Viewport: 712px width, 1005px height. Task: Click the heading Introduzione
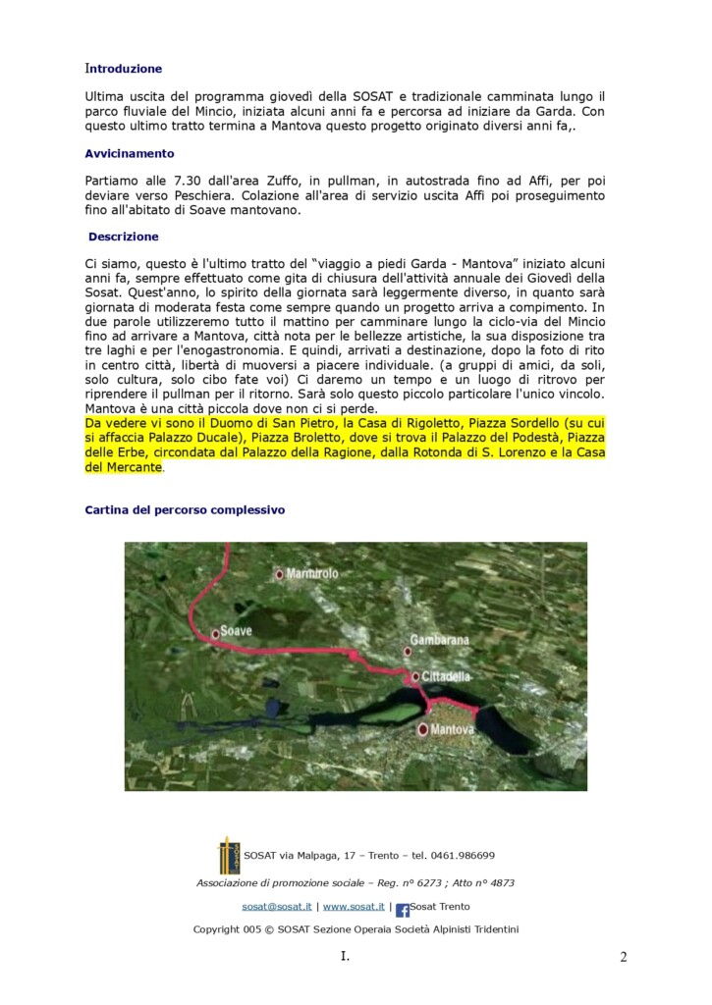coord(124,69)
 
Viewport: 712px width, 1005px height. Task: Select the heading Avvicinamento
coord(130,154)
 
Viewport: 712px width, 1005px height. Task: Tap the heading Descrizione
coord(123,237)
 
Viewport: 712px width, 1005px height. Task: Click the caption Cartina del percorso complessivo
coord(185,510)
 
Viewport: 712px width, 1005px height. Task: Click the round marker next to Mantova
coord(423,729)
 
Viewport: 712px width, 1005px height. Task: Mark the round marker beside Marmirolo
coord(280,574)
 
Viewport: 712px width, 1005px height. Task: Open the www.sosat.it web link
coord(354,907)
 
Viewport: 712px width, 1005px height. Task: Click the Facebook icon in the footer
coord(402,910)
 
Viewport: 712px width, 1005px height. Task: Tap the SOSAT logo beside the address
coord(228,856)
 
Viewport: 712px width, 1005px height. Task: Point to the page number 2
coord(623,957)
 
